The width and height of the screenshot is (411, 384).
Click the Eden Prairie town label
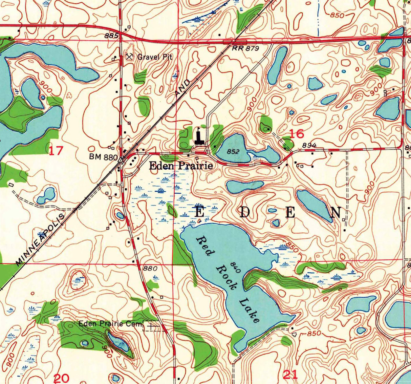tap(181, 166)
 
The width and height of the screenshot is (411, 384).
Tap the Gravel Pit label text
tap(155, 57)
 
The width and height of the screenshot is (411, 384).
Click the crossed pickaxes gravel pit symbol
tap(129, 57)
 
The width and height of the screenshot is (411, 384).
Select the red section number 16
tap(297, 133)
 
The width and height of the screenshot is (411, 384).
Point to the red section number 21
tap(290, 374)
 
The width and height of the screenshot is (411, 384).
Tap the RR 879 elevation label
tap(245, 48)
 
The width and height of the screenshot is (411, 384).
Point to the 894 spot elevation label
tap(309, 145)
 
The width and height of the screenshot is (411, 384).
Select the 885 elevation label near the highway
tap(112, 36)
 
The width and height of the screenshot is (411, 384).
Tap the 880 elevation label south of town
tap(150, 269)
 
